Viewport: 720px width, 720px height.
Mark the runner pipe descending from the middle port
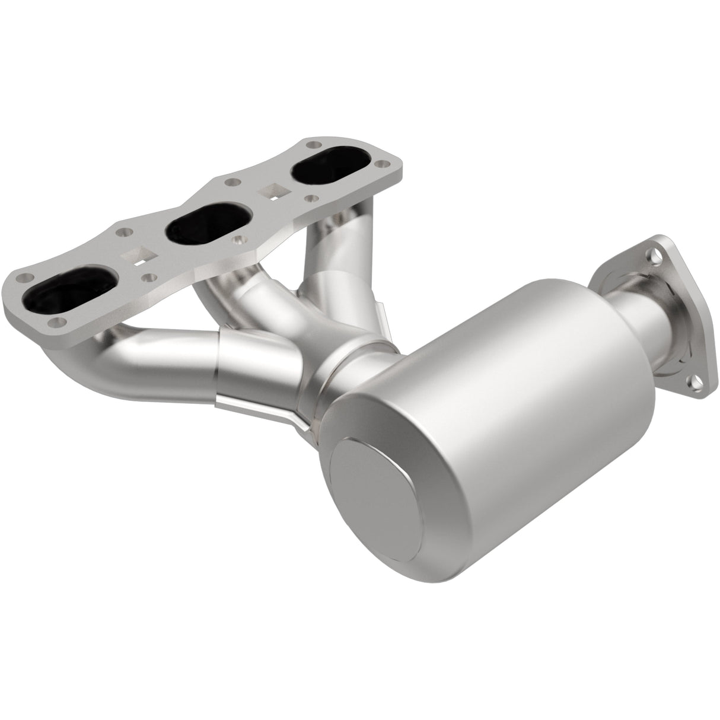point(249,297)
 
